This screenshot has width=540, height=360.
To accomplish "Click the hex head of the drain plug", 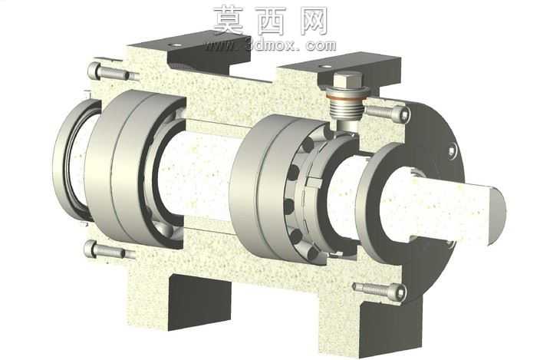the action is [x=347, y=81].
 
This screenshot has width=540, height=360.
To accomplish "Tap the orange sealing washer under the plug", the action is [x=347, y=97].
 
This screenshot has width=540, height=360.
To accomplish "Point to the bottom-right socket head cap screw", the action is [x=380, y=290].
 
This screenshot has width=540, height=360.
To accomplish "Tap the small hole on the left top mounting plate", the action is [x=178, y=45].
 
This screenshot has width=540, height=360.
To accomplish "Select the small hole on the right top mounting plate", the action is [x=324, y=67].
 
